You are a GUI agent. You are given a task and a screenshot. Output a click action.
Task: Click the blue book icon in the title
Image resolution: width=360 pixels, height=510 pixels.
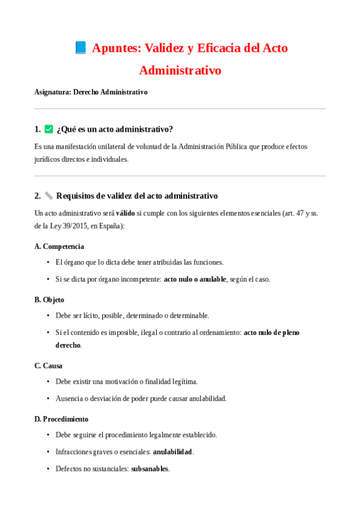[81, 48]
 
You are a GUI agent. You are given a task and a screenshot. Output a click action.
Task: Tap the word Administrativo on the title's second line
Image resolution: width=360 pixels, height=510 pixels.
[180, 70]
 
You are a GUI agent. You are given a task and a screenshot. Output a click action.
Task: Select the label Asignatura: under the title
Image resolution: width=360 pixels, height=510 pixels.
[53, 92]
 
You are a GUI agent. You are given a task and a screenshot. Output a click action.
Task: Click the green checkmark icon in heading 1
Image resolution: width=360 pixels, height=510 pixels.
[49, 129]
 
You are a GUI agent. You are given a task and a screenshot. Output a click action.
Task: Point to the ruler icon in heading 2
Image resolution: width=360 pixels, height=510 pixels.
[49, 195]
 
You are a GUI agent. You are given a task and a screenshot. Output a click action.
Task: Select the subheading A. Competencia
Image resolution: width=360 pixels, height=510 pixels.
[59, 246]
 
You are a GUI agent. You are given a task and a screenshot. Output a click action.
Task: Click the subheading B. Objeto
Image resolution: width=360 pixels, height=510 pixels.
[49, 300]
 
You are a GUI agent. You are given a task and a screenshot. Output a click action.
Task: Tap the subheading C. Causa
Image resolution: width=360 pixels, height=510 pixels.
[48, 365]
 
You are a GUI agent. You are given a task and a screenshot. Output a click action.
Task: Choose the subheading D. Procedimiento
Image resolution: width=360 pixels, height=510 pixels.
[61, 419]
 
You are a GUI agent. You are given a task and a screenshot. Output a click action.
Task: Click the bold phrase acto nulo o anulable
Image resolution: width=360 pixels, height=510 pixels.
[195, 279]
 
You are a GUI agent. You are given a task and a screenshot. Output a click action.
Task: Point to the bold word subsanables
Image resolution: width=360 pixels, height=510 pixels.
[150, 469]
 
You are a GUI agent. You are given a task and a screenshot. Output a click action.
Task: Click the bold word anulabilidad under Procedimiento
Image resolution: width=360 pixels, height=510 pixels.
[172, 452]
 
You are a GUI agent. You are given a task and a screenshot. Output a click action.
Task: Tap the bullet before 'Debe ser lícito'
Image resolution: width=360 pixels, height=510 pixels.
[48, 316]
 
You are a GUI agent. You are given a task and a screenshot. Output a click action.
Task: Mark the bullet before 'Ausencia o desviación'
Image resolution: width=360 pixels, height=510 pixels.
[48, 398]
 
